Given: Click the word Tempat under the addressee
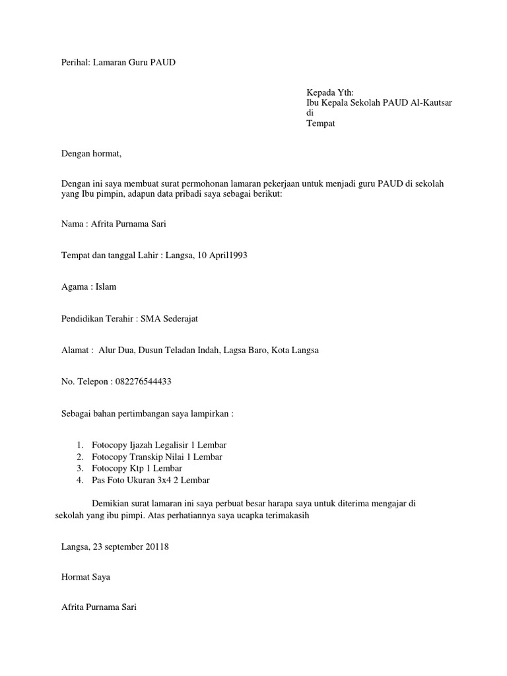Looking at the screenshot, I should coord(321,123).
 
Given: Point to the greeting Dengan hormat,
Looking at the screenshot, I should coord(92,154).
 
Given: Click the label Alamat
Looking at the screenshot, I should coord(76,351).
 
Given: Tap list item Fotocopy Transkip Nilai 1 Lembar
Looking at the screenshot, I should coord(156,457).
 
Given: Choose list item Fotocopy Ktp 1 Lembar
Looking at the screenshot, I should coord(138,468).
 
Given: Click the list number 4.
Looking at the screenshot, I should coord(79,480).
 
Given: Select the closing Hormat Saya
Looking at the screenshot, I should coord(85,577).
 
